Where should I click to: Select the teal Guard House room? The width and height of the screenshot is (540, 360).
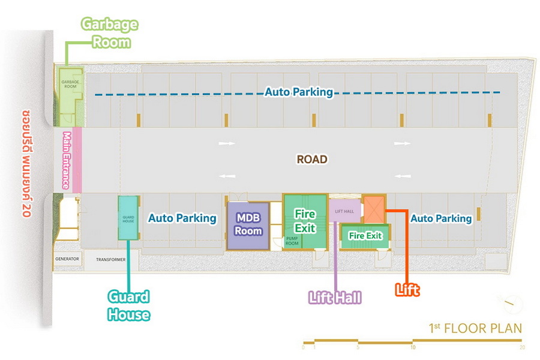click(128, 217)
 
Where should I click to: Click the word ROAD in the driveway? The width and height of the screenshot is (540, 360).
click(312, 160)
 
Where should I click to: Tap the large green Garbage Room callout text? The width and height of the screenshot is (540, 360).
click(110, 33)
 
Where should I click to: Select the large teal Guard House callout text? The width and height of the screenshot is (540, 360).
click(128, 305)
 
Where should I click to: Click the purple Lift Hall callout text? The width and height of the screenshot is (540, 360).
click(335, 297)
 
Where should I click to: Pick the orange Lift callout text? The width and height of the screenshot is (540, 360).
click(407, 290)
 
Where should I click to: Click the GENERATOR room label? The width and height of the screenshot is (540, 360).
click(67, 260)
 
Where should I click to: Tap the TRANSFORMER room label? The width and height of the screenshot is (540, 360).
click(110, 260)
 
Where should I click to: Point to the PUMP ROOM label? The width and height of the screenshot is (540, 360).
click(292, 242)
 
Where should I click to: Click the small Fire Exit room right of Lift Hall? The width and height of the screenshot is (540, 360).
click(365, 236)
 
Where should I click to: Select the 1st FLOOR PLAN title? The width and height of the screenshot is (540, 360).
click(475, 328)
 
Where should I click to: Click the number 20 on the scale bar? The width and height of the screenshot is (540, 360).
click(522, 347)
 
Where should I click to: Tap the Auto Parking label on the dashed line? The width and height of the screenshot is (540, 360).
click(299, 92)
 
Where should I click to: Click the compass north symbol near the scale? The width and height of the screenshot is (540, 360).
click(510, 304)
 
